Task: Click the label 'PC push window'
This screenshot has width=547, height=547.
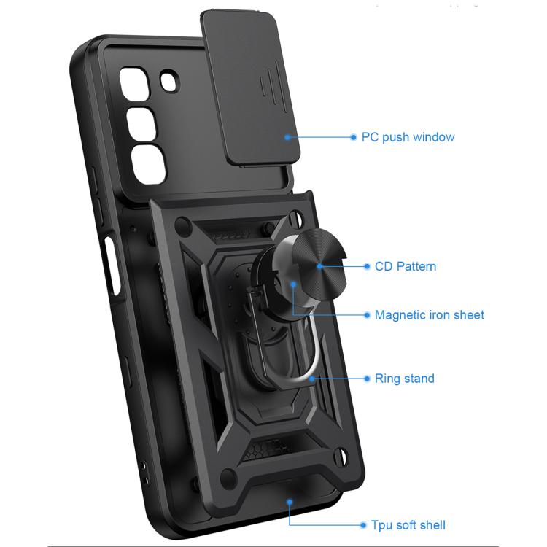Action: (408, 137)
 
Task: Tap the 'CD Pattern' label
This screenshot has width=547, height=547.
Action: (406, 266)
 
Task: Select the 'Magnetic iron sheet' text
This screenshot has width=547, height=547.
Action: (429, 315)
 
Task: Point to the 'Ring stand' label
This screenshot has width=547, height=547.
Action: (404, 379)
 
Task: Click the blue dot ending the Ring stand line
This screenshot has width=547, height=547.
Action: (366, 379)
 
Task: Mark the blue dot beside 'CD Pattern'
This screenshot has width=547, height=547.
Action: (366, 266)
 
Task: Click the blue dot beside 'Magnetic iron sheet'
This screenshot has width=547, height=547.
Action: (366, 315)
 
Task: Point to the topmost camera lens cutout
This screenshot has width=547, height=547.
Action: (137, 82)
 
